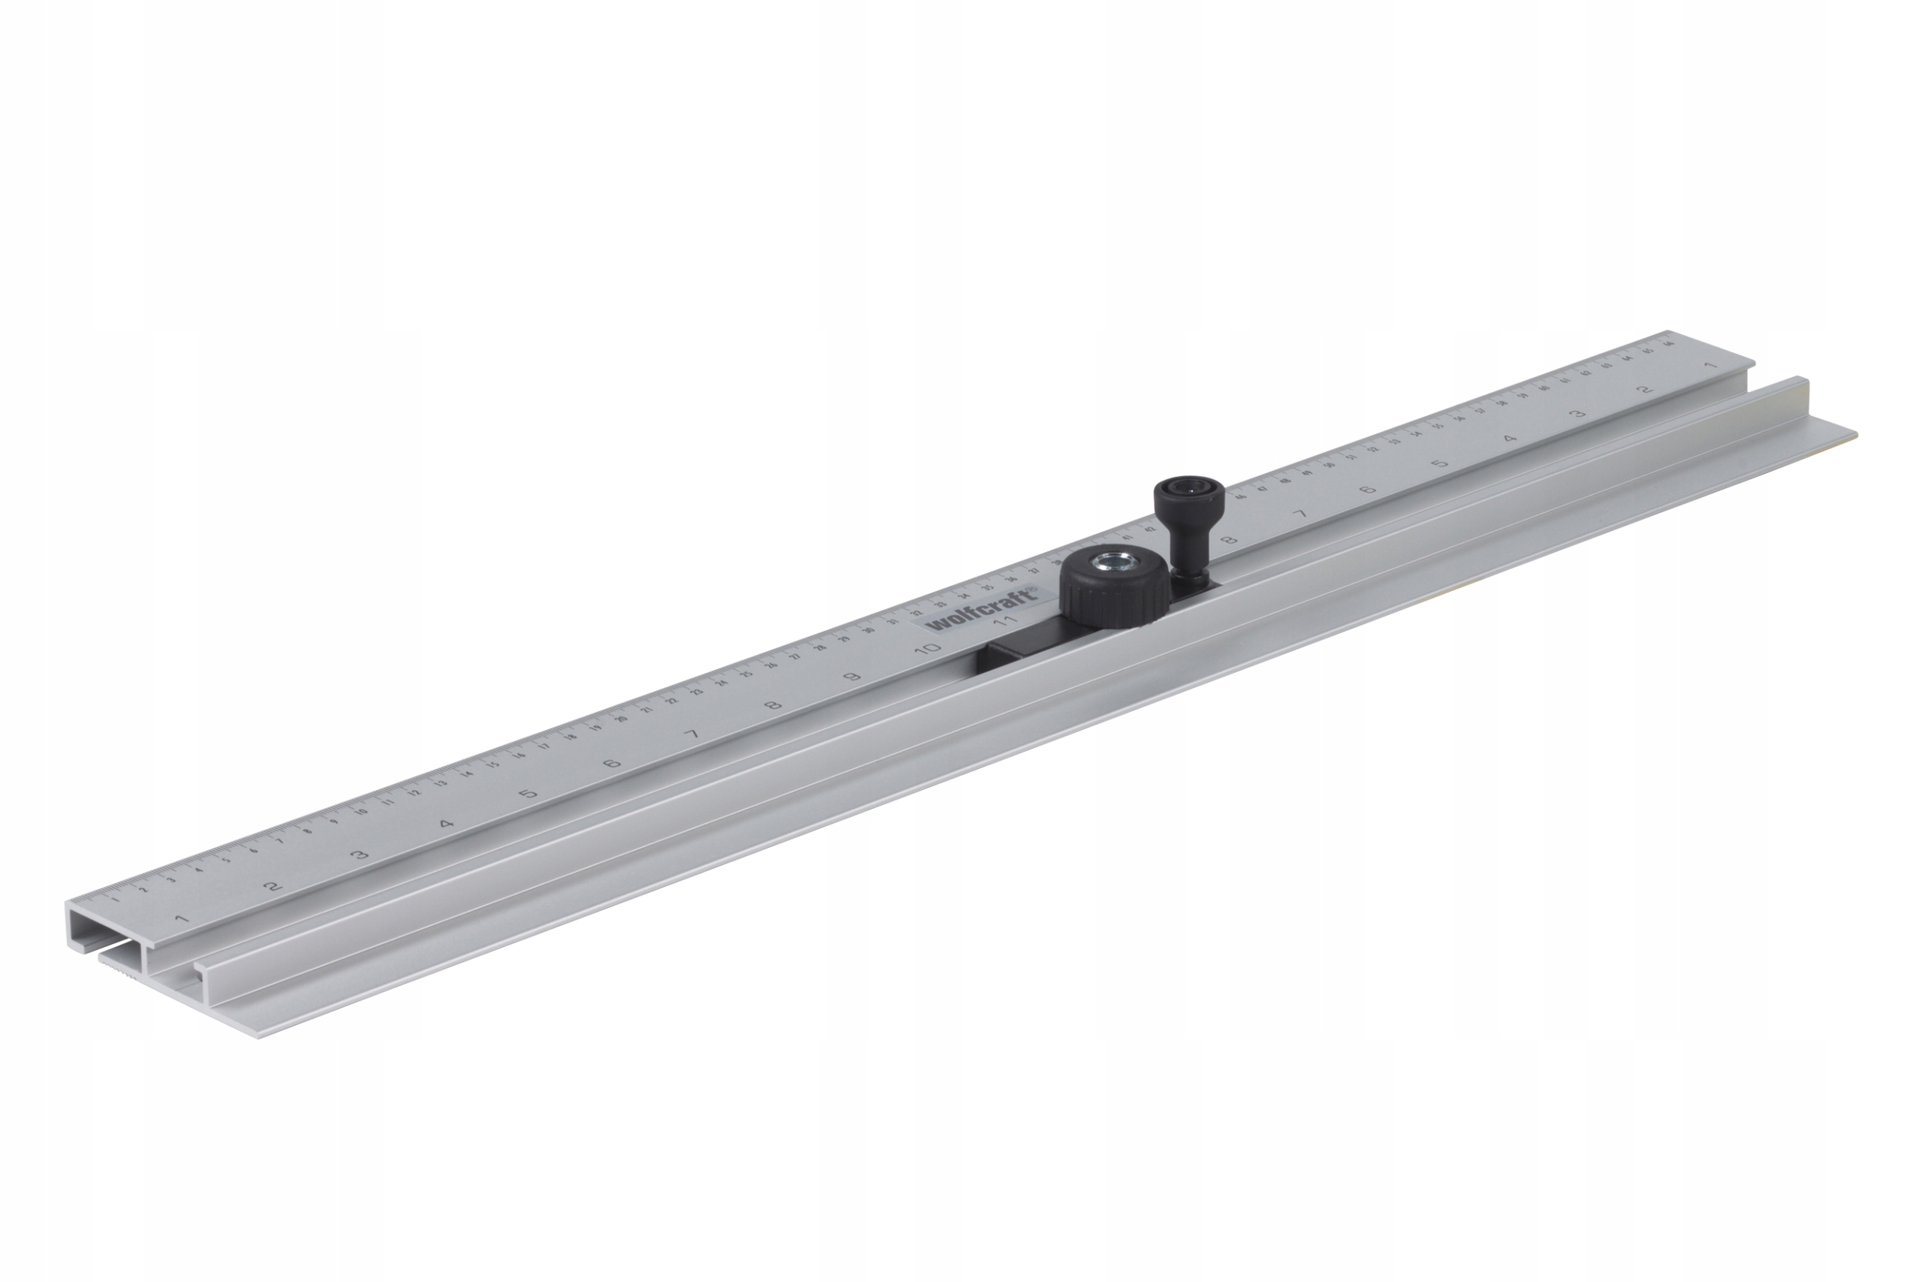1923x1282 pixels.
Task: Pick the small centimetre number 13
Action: point(441,784)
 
